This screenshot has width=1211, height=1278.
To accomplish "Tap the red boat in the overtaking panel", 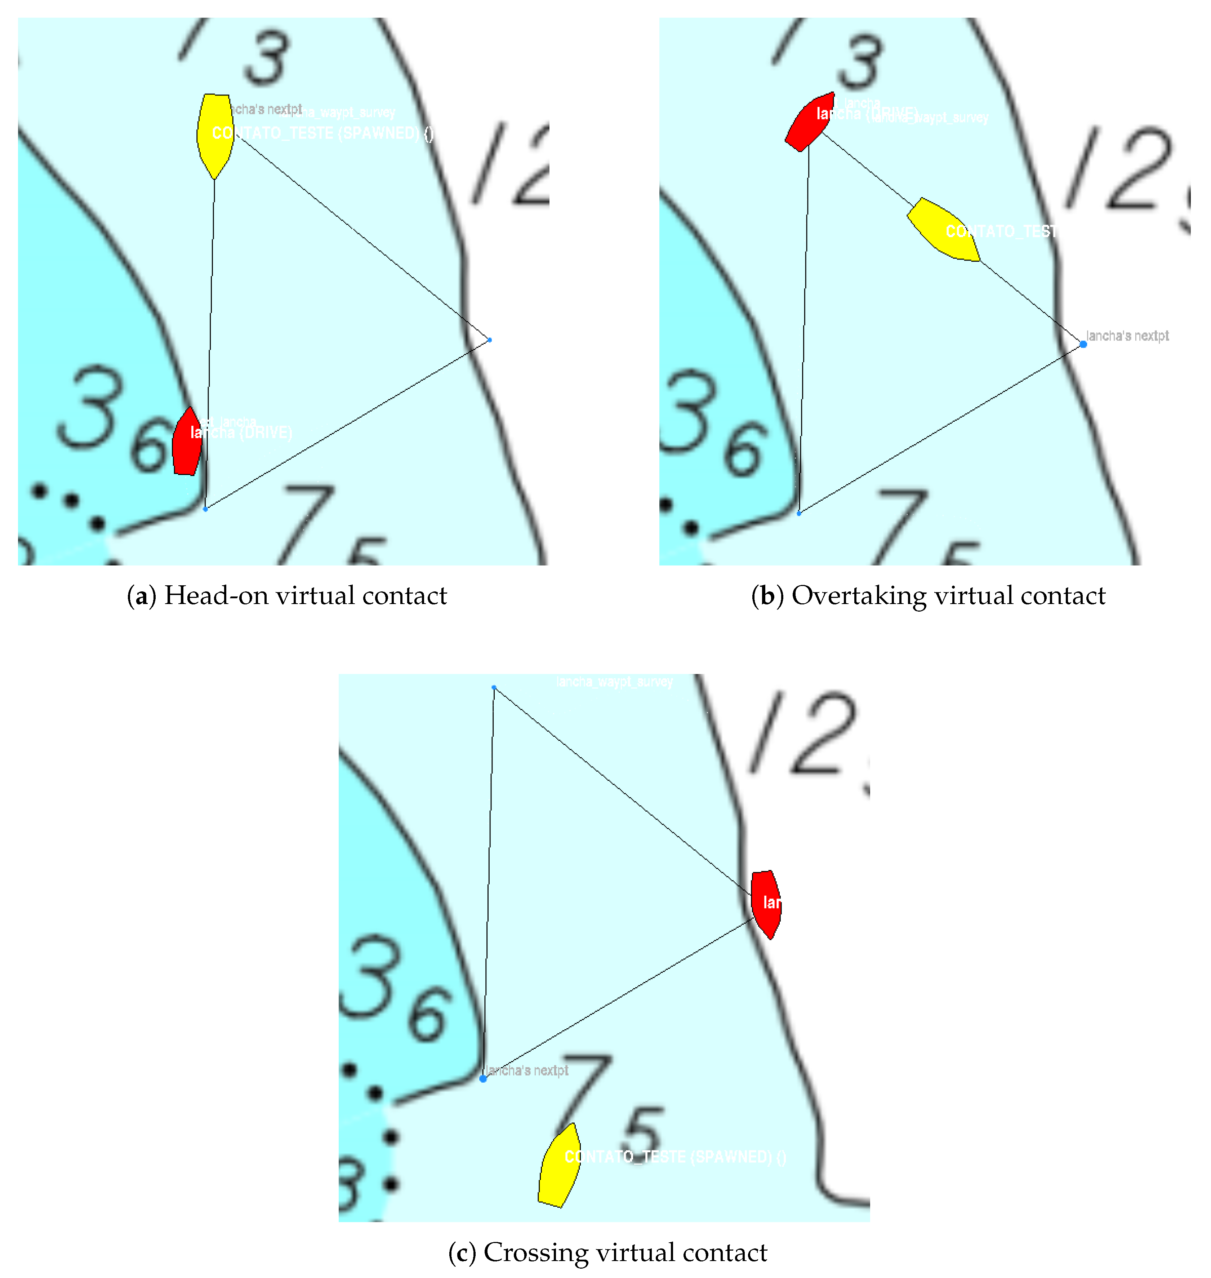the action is pyautogui.click(x=809, y=123).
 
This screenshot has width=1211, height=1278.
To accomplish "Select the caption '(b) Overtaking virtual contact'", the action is pyautogui.click(x=928, y=595).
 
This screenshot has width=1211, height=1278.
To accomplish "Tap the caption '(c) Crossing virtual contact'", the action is pyautogui.click(x=607, y=1252).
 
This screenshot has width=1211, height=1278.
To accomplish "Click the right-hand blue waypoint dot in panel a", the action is pyautogui.click(x=489, y=340).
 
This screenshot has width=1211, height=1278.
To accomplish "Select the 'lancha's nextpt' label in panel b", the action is pyautogui.click(x=1127, y=336).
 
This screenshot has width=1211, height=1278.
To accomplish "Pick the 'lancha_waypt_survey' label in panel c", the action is pyautogui.click(x=615, y=682).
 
